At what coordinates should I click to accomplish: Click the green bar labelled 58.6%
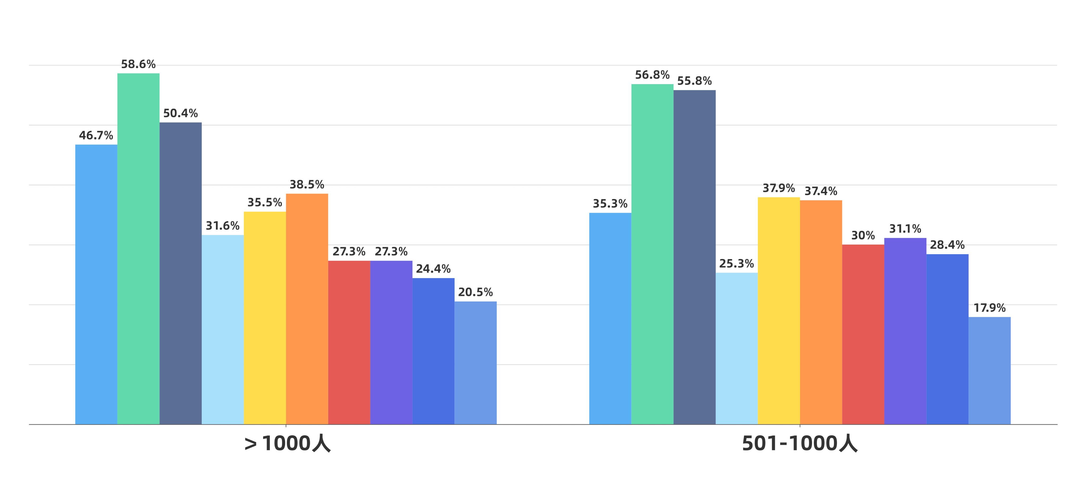[x=138, y=249]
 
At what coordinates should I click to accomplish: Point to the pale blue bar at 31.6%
[x=223, y=329]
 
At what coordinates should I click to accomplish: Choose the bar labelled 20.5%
[x=476, y=363]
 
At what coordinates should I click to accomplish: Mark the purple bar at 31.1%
[x=905, y=331]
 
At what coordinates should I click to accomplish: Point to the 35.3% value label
[x=610, y=204]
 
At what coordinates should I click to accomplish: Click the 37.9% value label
[x=779, y=188]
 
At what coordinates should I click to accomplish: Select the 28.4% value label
[x=947, y=245]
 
